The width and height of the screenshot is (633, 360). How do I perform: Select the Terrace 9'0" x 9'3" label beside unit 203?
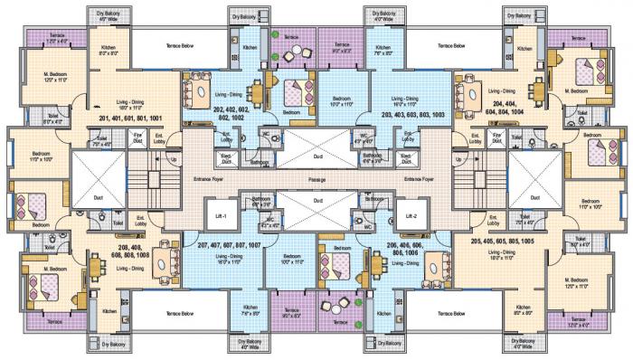point(343,48)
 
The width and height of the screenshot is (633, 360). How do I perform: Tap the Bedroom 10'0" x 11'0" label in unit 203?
point(342,103)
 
